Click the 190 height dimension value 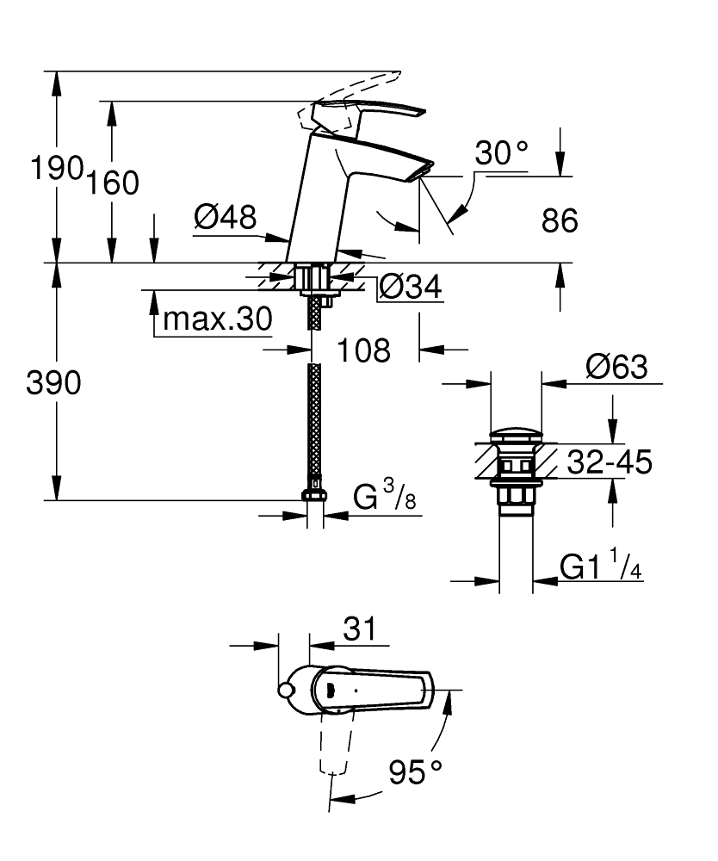coord(57,168)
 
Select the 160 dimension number coord(113,183)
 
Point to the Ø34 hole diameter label coord(411,287)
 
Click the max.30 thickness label coord(218,319)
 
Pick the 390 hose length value coord(53,383)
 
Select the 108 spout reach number coord(363,350)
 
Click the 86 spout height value coord(560,220)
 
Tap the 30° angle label coord(502,153)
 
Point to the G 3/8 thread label coord(384,495)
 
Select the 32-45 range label coord(610,461)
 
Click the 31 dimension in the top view coord(360,629)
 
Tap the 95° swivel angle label coord(416,772)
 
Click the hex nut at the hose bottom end coord(314,495)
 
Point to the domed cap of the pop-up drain coord(516,437)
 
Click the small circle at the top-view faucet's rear coord(286,691)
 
